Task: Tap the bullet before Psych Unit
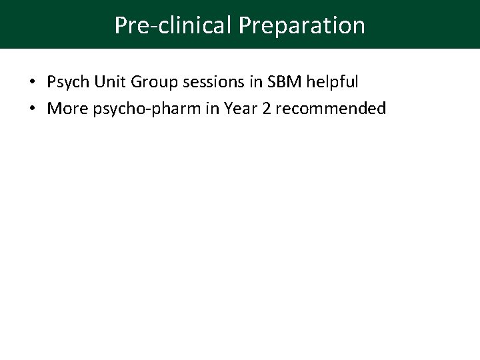tap(33, 83)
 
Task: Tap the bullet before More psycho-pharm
tap(33, 109)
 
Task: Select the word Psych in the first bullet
tap(66, 83)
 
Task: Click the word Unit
tap(107, 82)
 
